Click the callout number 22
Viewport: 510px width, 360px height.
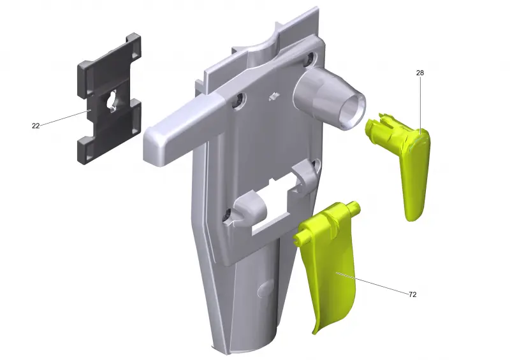(36, 126)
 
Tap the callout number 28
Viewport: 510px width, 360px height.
(420, 73)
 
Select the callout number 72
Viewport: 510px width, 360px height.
(412, 294)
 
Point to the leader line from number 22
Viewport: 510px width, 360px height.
(65, 118)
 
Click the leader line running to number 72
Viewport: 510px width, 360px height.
(372, 283)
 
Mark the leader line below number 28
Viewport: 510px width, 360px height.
(420, 105)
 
